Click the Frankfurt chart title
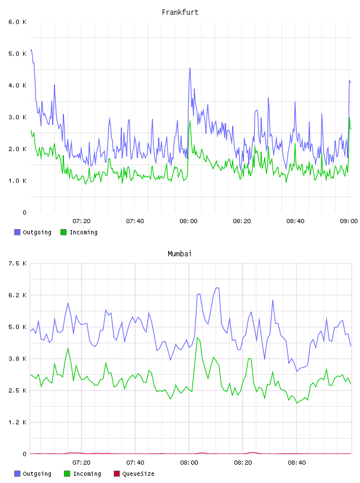180,12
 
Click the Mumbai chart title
179,254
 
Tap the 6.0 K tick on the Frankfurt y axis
17,22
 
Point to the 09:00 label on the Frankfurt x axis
349,221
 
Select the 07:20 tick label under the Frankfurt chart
81,221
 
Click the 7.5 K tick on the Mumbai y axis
17,263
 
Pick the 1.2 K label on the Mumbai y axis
17,422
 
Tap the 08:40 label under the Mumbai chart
297,463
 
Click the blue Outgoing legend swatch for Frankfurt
17,232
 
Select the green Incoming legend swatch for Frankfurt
63,232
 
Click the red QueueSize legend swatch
117,474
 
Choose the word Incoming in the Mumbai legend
87,474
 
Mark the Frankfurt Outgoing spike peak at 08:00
190,68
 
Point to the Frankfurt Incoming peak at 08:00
189,121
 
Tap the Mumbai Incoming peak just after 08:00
197,338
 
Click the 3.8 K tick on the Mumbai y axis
17,359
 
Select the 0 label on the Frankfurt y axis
24,212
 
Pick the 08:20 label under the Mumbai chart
243,463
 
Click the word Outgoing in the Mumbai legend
37,474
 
